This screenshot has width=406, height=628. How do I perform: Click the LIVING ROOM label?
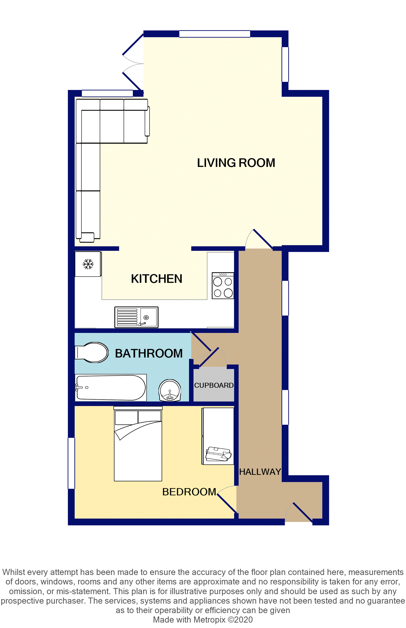coord(236,163)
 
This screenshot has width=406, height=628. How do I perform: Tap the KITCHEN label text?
coord(157,279)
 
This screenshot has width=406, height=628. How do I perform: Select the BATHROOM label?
coord(149,353)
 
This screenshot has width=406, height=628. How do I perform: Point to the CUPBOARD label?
coord(214,385)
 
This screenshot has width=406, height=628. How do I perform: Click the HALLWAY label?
coord(260,472)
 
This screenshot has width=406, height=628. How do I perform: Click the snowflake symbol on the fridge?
coord(88,264)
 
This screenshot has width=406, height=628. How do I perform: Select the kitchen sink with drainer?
coord(136,317)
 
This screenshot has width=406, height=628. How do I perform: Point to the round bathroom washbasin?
coord(170,390)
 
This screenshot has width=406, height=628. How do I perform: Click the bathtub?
coord(111,388)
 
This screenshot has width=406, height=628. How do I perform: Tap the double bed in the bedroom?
coord(138,444)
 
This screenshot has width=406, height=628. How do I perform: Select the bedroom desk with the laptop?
coord(218,436)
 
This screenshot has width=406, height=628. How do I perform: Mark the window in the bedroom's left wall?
coord(71,463)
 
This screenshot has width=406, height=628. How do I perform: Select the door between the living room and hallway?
coord(259,239)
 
